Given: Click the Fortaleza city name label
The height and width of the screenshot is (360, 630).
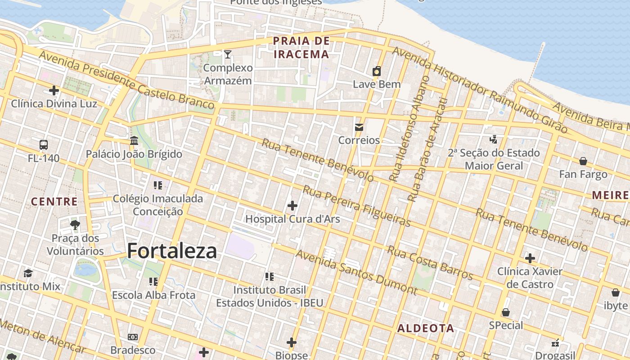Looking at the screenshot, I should coord(172,251).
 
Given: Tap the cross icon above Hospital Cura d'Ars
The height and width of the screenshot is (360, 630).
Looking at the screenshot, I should coord(292,206).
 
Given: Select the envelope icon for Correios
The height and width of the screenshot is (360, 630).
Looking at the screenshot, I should coord(359,127).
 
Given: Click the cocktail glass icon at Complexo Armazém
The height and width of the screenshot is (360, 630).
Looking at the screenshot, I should coord(228,54).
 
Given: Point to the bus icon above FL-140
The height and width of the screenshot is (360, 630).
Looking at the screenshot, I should coord(44,145).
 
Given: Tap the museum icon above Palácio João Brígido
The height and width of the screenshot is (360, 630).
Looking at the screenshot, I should coord(134,141).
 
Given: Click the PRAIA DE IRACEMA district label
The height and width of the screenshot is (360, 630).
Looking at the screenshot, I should coord(301,48).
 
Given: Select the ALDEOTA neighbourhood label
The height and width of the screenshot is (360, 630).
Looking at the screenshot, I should coord(426,328).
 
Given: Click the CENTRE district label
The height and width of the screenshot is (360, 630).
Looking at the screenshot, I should coord(54,202).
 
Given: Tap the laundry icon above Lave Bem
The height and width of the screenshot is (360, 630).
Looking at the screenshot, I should coord(377,71).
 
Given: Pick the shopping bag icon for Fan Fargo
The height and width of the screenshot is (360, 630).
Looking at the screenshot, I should coord(583,161).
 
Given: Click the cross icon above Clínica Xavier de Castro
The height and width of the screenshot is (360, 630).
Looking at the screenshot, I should coord(530,258).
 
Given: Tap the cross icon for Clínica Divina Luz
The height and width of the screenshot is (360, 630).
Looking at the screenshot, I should coord(54,91).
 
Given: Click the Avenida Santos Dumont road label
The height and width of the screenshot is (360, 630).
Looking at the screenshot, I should coord(356,272).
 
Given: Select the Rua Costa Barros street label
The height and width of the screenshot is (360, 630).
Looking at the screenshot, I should coord(430,263).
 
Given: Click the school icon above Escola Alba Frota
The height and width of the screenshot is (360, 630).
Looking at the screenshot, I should coord(153,282).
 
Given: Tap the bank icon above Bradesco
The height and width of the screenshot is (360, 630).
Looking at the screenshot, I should coord(133,337).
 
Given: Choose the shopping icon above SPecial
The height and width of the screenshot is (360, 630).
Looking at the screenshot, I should coord(506,312).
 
